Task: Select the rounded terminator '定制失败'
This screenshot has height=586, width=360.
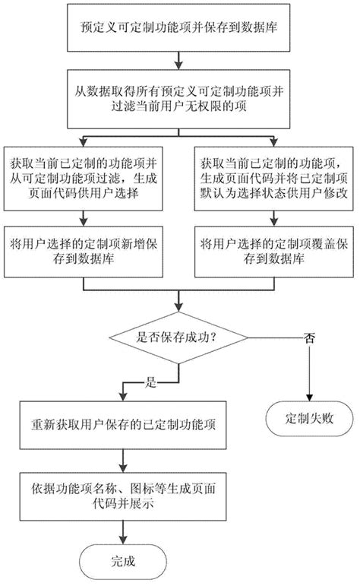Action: (x=309, y=417)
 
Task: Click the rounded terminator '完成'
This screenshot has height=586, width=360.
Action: (x=121, y=563)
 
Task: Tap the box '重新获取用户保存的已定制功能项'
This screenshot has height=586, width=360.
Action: (x=121, y=423)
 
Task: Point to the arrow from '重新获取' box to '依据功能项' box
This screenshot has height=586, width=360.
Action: (x=121, y=456)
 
